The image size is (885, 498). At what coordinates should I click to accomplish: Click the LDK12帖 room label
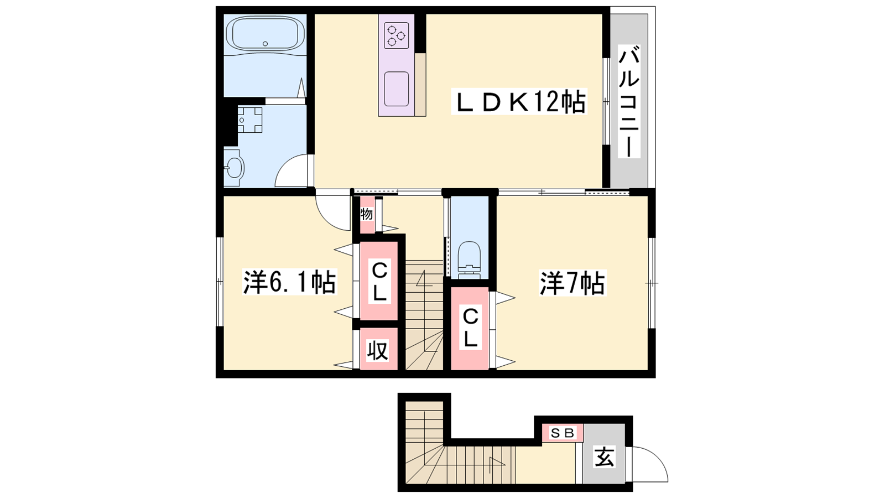click(x=519, y=102)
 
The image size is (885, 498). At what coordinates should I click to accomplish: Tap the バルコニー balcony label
click(x=629, y=102)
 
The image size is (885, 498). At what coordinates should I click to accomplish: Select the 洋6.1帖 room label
click(x=290, y=282)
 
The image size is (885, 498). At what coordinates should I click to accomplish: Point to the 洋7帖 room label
click(x=572, y=282)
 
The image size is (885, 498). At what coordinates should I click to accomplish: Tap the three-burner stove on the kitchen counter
click(x=396, y=35)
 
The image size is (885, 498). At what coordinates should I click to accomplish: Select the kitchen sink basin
click(x=396, y=89)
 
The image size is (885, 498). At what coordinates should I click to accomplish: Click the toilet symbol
click(x=469, y=260)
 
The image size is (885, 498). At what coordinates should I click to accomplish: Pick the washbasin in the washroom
click(x=235, y=168)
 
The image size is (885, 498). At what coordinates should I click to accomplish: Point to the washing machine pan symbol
click(x=250, y=120)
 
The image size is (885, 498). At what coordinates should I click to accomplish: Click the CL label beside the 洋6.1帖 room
click(x=379, y=281)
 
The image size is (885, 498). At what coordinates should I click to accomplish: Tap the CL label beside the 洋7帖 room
click(x=470, y=328)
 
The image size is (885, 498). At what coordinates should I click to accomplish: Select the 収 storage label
click(x=378, y=350)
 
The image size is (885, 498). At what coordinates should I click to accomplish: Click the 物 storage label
click(x=367, y=214)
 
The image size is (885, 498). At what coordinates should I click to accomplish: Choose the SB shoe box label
click(x=562, y=433)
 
